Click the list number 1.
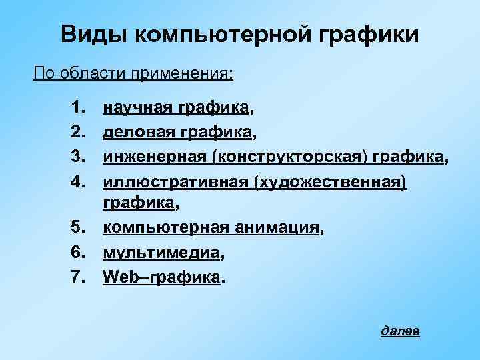click(x=78, y=107)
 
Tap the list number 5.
click(x=78, y=230)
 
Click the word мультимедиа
click(x=161, y=253)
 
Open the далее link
click(x=400, y=331)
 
